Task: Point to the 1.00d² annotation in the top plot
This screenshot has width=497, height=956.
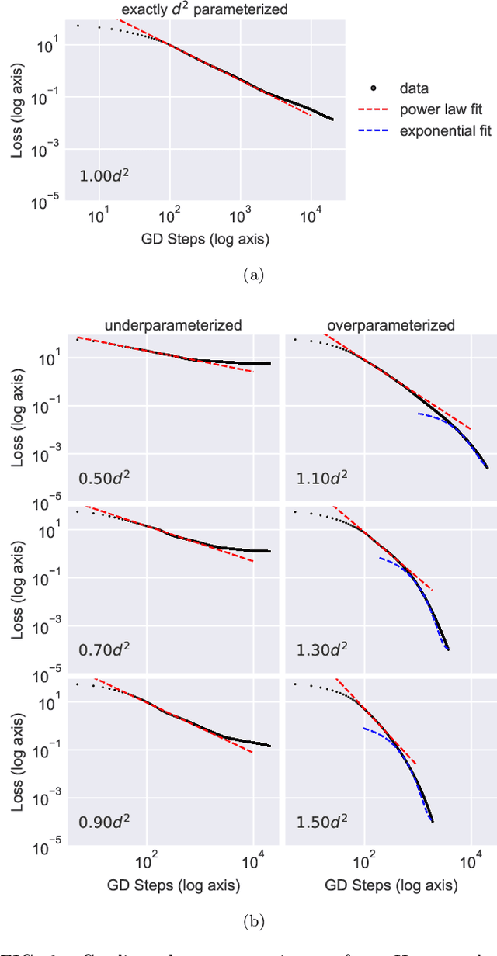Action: point(103,175)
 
